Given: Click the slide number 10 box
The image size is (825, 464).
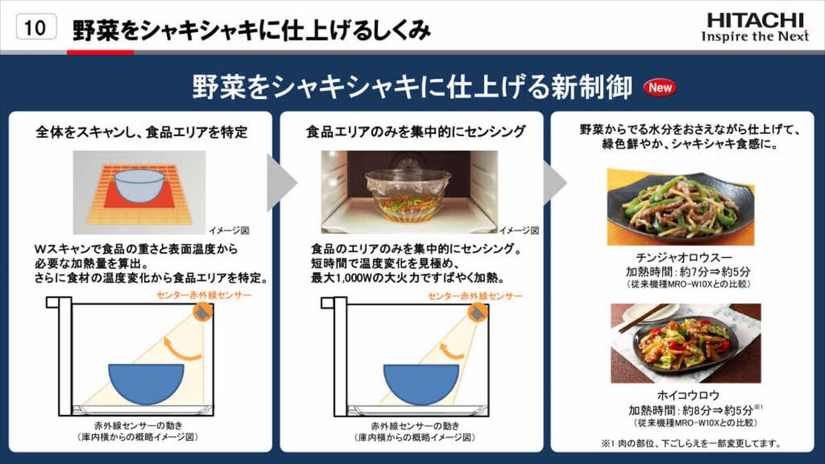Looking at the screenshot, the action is [36, 27].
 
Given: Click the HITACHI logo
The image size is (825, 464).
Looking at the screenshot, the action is [755, 27].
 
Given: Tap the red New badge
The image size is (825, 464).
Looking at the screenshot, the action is [660, 88].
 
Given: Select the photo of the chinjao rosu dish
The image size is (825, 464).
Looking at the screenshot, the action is [681, 207].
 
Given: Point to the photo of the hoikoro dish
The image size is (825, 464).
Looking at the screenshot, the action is [686, 343].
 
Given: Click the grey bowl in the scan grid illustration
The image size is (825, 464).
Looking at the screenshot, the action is [139, 186].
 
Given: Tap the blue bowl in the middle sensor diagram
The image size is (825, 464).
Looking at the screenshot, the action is [421, 384].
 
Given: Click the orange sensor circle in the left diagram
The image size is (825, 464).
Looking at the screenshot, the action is [203, 313].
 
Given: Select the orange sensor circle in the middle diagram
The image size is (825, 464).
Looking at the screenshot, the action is [478, 313].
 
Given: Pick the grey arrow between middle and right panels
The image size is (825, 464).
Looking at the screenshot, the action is [555, 182].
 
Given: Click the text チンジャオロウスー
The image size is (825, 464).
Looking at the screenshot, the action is [684, 257].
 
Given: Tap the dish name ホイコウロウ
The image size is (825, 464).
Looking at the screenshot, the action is [688, 395].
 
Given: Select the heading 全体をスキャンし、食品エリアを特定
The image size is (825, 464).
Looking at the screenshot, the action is [142, 132].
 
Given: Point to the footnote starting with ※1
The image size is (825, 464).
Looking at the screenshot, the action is [691, 443].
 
